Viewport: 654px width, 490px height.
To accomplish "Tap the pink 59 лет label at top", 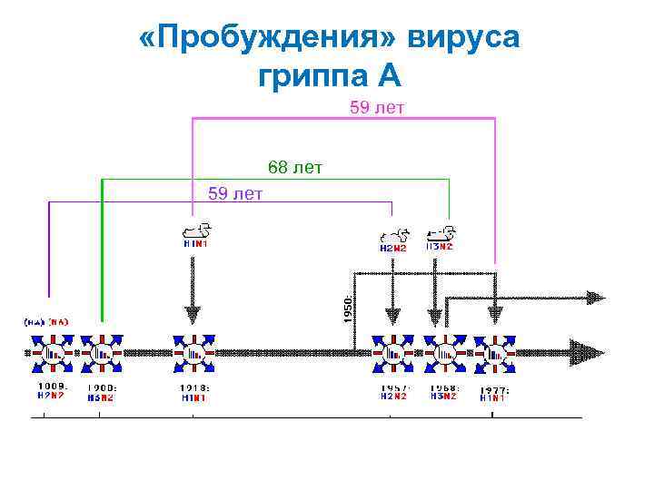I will coord(377,109).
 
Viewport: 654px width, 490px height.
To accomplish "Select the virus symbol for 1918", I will coord(193,352).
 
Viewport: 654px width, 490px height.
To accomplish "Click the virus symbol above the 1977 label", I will coord(496,352).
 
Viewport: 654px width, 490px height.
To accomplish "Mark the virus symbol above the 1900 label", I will coord(101,352).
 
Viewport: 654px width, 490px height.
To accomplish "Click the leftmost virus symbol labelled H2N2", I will coord(50,352).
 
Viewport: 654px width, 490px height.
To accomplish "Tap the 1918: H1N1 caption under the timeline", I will coord(194,392).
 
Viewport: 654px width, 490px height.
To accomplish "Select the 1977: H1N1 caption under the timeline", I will coord(496,392).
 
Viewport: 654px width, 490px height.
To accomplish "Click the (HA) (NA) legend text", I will coord(47,321).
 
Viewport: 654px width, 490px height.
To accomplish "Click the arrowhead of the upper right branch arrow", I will coord(595,297).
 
